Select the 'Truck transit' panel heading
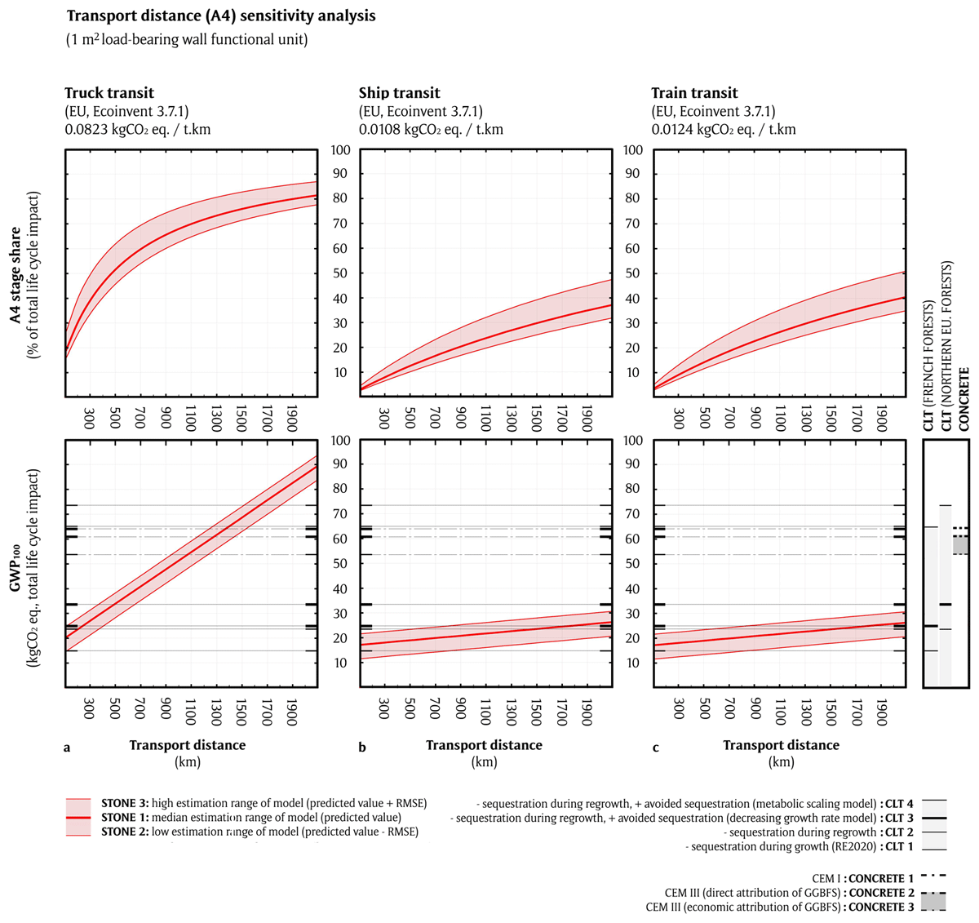point(109,93)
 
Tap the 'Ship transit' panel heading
point(399,93)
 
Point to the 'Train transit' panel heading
point(694,93)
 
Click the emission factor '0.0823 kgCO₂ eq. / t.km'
point(137,129)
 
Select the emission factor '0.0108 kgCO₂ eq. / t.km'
point(431,129)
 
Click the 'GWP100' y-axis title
point(16,564)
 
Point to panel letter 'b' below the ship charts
point(362,745)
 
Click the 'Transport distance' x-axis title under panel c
point(781,745)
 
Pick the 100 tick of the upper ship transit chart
point(340,150)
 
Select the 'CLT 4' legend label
point(897,803)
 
